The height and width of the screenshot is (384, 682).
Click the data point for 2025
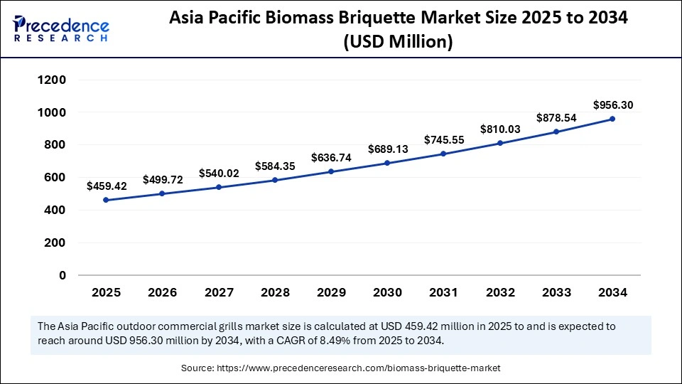107,200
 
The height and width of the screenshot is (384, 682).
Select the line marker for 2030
387,163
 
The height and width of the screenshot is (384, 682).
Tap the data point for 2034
612,119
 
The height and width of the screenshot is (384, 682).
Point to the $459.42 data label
107,186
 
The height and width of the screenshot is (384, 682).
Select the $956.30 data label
612,105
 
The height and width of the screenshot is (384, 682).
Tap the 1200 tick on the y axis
52,80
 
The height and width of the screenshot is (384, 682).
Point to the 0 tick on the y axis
63,275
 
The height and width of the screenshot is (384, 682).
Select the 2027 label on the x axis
219,292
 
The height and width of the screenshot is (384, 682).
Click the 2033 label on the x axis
556,292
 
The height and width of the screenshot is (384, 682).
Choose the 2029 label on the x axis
331,292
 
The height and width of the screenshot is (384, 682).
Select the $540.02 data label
219,173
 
